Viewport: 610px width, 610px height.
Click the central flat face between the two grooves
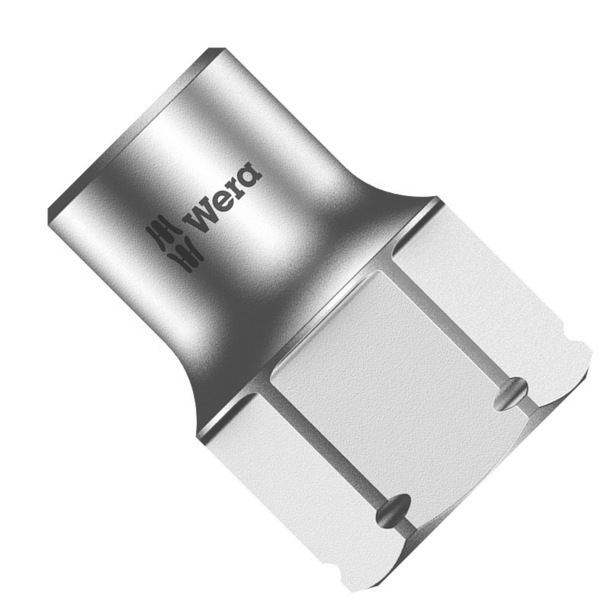point(396,381)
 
